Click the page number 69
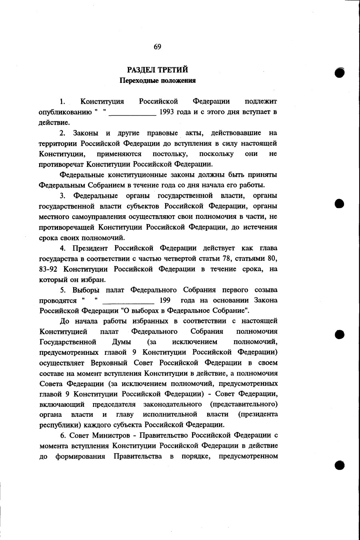click(x=157, y=47)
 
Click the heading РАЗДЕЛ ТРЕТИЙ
click(x=158, y=70)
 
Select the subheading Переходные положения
click(x=158, y=80)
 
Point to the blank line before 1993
click(x=132, y=114)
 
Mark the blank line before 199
click(x=128, y=302)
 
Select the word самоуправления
click(x=95, y=216)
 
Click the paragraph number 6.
click(x=63, y=435)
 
